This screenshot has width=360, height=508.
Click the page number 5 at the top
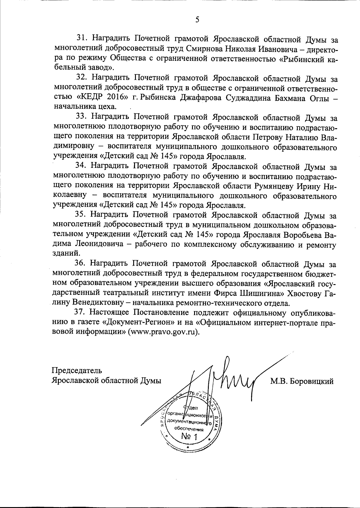point(197,20)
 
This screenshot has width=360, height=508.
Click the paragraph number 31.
point(82,39)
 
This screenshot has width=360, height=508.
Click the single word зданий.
point(62,254)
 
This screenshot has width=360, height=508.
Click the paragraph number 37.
point(80,312)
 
